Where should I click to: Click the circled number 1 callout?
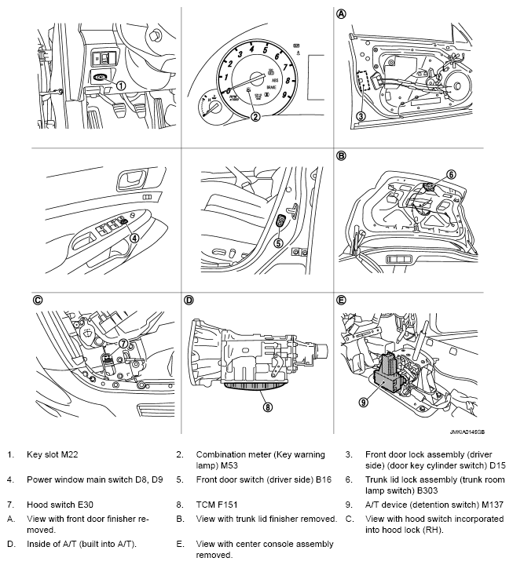click(120, 84)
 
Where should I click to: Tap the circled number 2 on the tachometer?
click(255, 118)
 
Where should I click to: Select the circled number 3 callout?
click(361, 117)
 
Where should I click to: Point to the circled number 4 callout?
click(135, 238)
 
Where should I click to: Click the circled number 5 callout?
click(277, 243)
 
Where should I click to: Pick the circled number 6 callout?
click(451, 174)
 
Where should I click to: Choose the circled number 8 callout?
click(268, 407)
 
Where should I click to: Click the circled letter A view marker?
click(341, 14)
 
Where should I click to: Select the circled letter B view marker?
click(341, 156)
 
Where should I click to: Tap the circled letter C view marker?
click(37, 300)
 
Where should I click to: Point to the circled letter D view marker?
click(189, 300)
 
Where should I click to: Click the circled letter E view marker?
click(341, 300)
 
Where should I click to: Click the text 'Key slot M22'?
click(53, 454)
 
